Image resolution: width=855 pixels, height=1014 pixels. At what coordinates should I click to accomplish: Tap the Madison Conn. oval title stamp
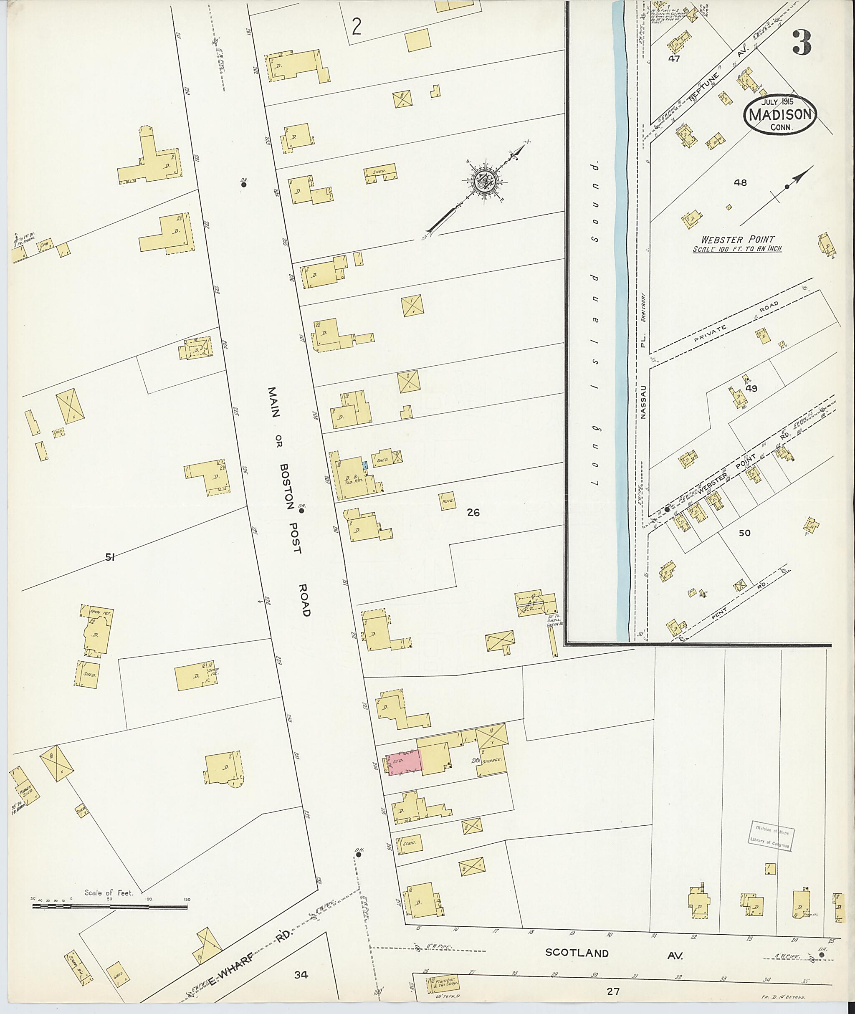click(x=780, y=114)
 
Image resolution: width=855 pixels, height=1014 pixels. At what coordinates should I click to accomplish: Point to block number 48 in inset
click(x=740, y=183)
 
